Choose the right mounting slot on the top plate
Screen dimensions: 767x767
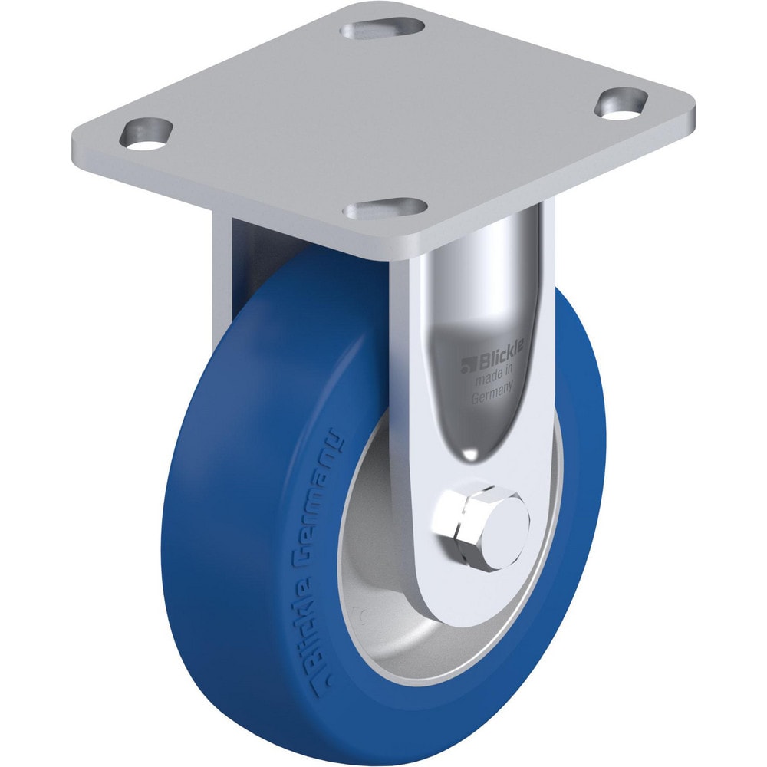tap(622, 104)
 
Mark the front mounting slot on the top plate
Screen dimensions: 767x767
tap(386, 209)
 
